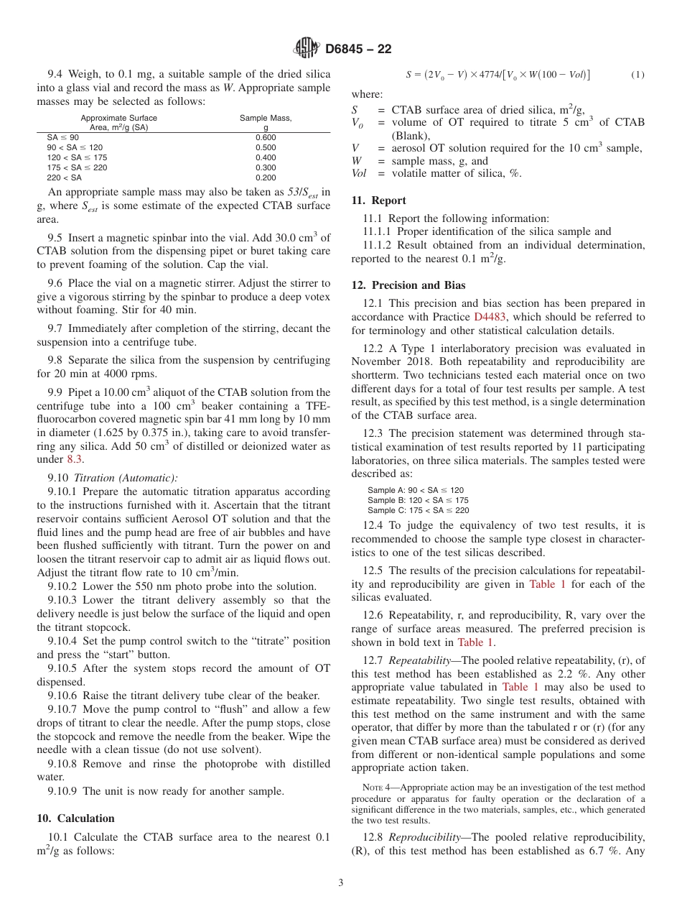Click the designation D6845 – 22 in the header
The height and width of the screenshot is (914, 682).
[358, 49]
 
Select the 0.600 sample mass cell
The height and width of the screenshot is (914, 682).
[266, 137]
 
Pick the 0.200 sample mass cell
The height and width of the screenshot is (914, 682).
[266, 177]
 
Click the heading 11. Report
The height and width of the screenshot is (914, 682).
[378, 200]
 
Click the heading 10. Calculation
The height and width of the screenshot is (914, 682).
[75, 818]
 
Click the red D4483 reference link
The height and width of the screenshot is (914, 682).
[489, 317]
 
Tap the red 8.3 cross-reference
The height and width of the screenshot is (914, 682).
[75, 459]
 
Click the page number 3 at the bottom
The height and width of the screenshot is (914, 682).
[341, 883]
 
